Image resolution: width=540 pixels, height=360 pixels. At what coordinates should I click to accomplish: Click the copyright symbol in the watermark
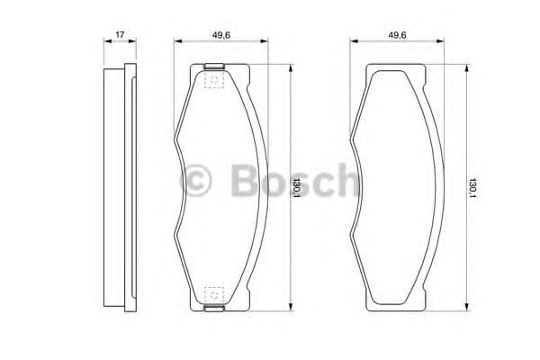pos(199,182)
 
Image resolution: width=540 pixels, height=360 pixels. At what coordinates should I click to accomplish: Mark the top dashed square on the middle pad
pos(214,81)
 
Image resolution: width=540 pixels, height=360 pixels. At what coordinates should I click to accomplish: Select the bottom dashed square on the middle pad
pos(214,294)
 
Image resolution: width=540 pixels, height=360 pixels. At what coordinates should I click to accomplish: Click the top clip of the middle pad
pos(214,66)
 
